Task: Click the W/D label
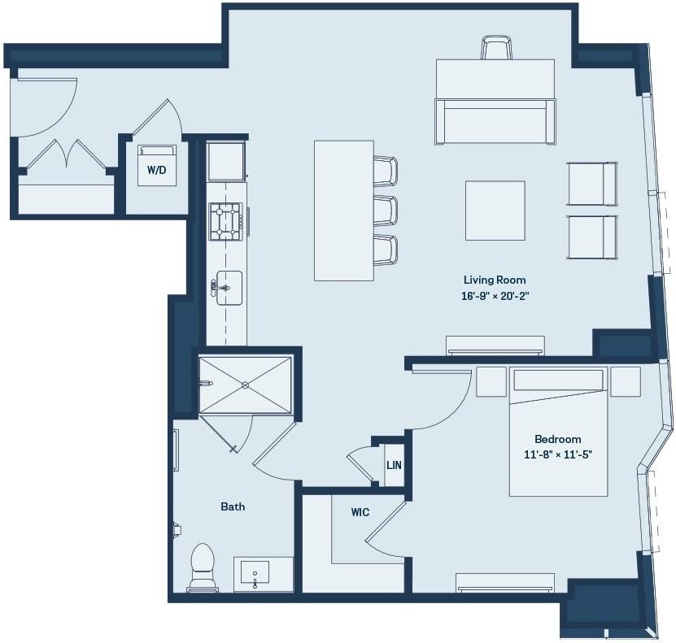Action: [x=156, y=170]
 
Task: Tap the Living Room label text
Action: [x=495, y=280]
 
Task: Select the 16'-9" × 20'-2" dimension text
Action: [x=495, y=297]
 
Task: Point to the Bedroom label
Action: [x=557, y=439]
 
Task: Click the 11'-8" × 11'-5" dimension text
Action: [x=558, y=454]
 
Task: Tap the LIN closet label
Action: [x=394, y=465]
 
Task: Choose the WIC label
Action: [x=360, y=512]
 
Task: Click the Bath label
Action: [x=233, y=507]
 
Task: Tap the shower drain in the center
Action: [x=246, y=384]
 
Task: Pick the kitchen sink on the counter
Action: [x=229, y=288]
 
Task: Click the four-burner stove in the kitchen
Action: [x=225, y=221]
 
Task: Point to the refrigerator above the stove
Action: [x=225, y=162]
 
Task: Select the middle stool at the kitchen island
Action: [x=386, y=211]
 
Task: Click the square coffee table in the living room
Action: [x=495, y=211]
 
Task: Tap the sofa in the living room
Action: [x=495, y=121]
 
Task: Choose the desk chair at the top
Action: [x=497, y=47]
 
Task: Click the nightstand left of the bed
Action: [x=491, y=381]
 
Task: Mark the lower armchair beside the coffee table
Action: [x=592, y=237]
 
